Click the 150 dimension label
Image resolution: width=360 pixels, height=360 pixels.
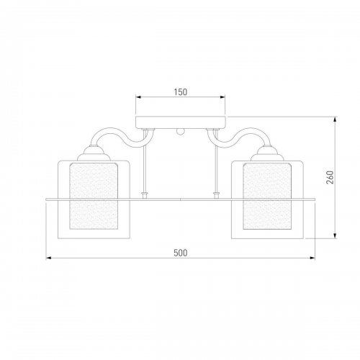181,92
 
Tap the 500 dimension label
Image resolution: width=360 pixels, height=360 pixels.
181,253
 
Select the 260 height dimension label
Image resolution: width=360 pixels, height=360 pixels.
330,177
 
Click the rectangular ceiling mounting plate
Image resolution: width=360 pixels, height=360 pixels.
181,122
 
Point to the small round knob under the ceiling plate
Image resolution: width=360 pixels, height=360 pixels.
180,132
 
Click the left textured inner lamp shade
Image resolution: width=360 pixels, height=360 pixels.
94,196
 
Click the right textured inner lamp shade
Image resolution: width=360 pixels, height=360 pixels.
267,196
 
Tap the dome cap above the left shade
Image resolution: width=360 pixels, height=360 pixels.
94,153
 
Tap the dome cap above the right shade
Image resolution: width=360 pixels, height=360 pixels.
267,153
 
